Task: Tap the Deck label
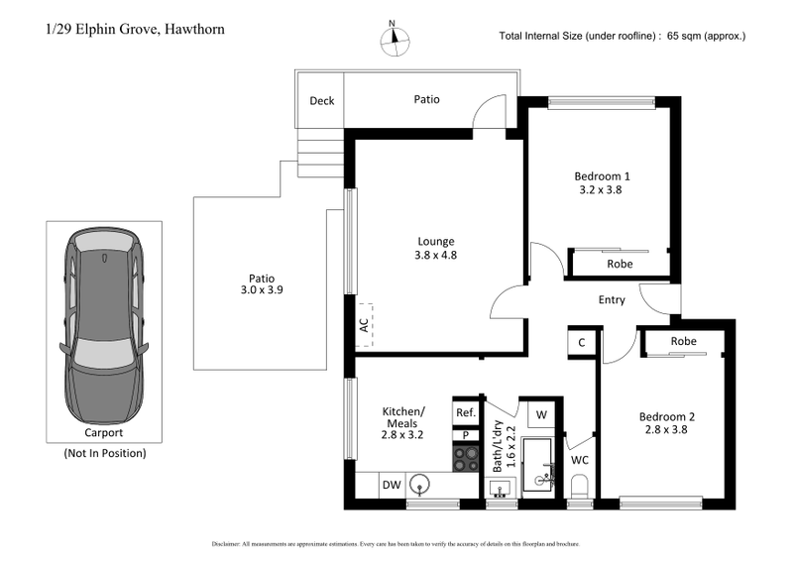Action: pyautogui.click(x=321, y=100)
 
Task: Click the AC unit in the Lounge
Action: pyautogui.click(x=363, y=323)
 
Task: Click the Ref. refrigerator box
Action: pyautogui.click(x=465, y=412)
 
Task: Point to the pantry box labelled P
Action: pyautogui.click(x=465, y=435)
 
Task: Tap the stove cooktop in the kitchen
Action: pyautogui.click(x=465, y=458)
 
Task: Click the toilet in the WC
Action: pyautogui.click(x=581, y=485)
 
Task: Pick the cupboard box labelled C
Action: pyautogui.click(x=580, y=342)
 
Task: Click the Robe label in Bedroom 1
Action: pyautogui.click(x=620, y=264)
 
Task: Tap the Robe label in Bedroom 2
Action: pyautogui.click(x=683, y=341)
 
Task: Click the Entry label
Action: pyautogui.click(x=612, y=299)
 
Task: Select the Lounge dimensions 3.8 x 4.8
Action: pyautogui.click(x=435, y=255)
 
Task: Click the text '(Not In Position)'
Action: pyautogui.click(x=104, y=453)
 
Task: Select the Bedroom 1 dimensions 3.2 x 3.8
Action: pyautogui.click(x=603, y=189)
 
